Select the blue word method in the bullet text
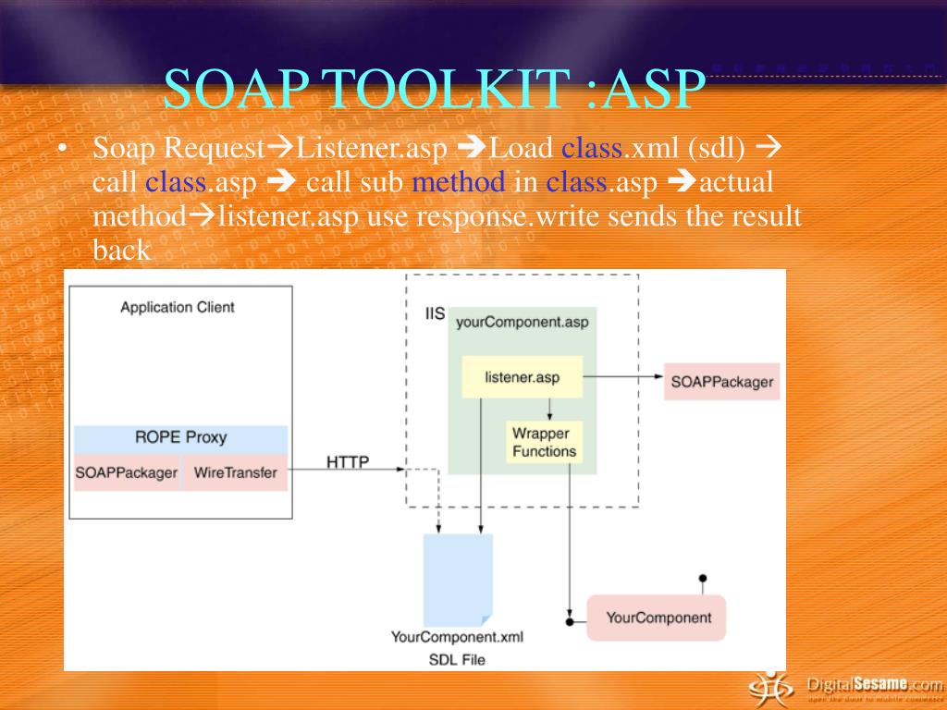pos(459,182)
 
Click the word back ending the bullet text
pos(120,251)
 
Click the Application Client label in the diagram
pos(178,307)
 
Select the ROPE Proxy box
pos(180,437)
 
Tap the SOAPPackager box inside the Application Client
pos(126,472)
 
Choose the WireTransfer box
pos(235,472)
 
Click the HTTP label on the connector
pos(348,462)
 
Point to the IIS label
pos(435,313)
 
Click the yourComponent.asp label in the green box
pos(522,323)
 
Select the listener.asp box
pos(522,377)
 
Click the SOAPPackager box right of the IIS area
pos(721,381)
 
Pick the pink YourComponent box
pos(658,618)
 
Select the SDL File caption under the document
pos(457,659)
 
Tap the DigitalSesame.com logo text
pos(871,685)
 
